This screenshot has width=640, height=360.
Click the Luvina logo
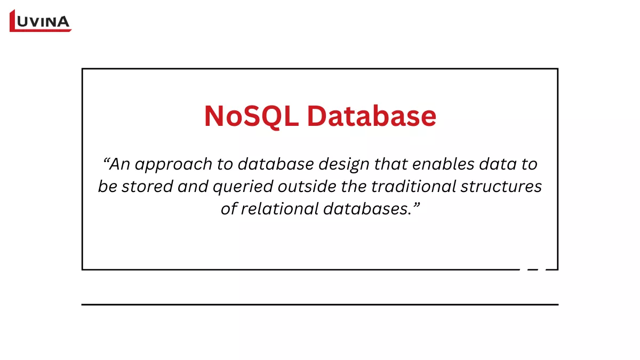coord(41,21)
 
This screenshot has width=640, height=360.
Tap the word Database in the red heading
coord(371,116)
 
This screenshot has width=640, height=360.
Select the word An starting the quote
coord(120,164)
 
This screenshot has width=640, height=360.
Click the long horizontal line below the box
coord(320,305)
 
